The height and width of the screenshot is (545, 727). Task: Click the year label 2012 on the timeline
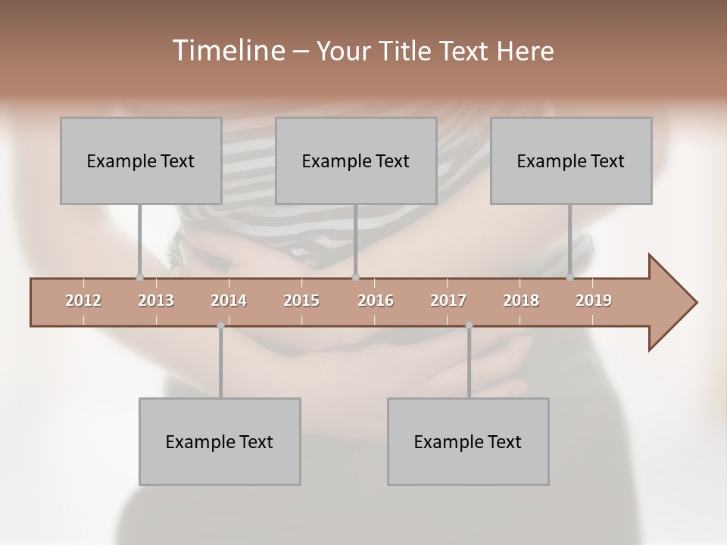pos(83,301)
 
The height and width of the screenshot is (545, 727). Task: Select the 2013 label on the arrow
pos(156,301)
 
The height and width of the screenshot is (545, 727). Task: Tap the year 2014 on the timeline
pos(229,301)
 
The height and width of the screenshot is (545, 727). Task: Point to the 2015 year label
pos(301,301)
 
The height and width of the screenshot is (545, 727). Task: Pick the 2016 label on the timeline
pos(376,301)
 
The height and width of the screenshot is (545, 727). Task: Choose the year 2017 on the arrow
pos(448,301)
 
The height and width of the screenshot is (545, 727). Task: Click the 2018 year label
pos(521,301)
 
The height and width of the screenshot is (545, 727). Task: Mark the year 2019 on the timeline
pos(594,301)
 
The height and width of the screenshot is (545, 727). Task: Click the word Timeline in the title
pos(227,51)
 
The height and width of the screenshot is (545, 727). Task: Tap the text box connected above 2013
pos(141,161)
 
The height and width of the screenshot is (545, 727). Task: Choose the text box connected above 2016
pos(356,161)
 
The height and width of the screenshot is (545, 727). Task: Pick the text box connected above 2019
pos(571,161)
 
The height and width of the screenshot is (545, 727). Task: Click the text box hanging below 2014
pos(220,442)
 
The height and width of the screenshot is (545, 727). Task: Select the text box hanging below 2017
pos(468,442)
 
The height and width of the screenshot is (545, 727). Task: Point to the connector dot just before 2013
pos(139,278)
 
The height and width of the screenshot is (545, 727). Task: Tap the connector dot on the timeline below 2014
pos(220,325)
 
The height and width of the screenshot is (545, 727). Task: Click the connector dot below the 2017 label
pos(469,325)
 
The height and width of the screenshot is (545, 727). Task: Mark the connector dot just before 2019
pos(570,278)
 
